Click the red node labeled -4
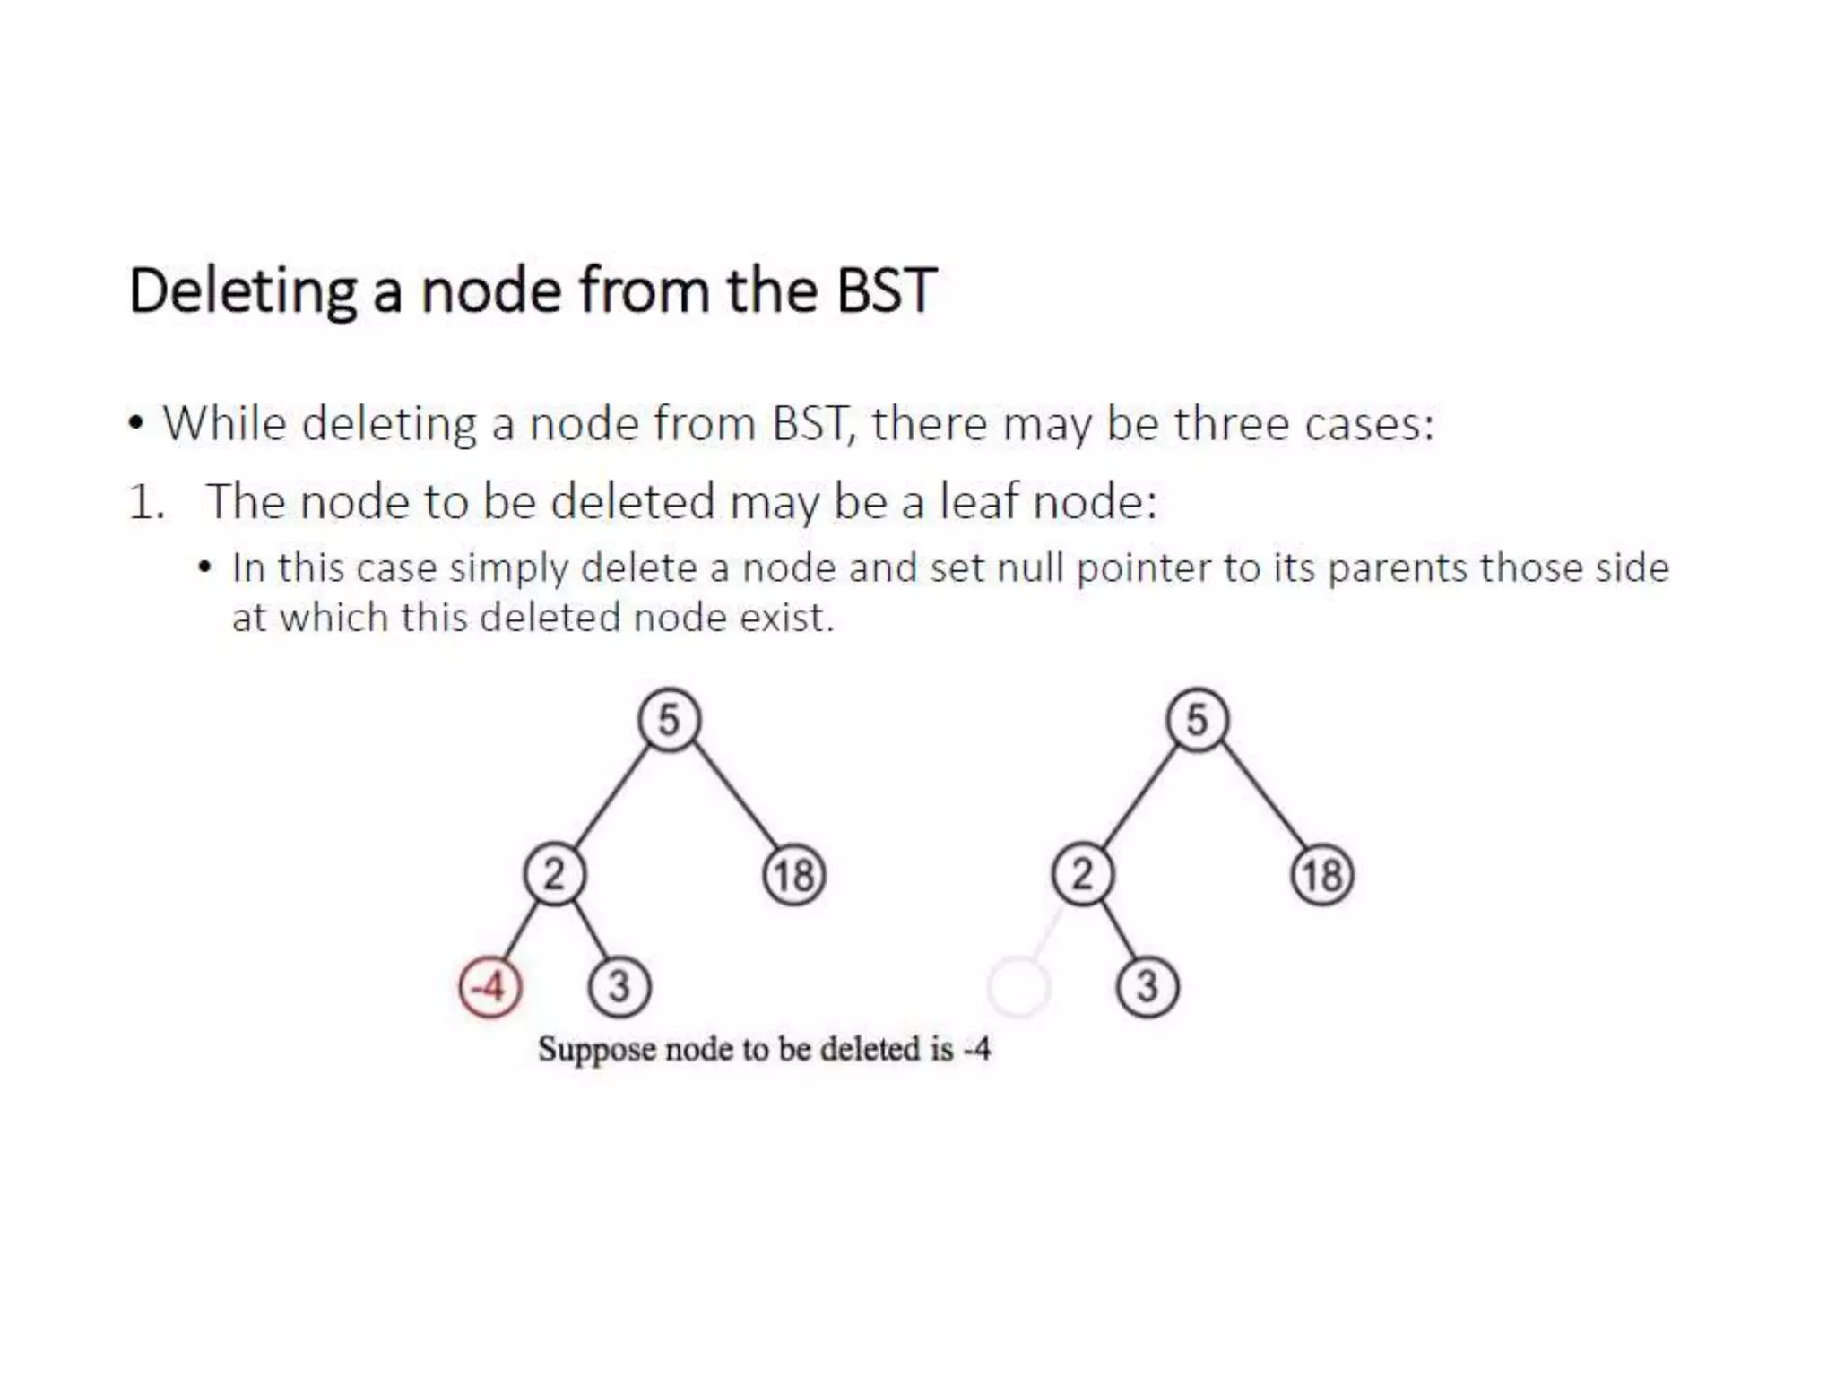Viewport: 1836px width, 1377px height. point(489,987)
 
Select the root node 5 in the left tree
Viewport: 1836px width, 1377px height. point(669,720)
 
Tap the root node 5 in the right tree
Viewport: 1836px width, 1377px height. point(1197,720)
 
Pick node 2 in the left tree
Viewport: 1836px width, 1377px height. point(554,874)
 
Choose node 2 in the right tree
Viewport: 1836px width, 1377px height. point(1082,874)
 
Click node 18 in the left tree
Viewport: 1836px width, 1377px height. point(794,876)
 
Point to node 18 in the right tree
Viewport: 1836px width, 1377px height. point(1322,876)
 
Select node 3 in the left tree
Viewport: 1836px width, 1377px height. point(619,987)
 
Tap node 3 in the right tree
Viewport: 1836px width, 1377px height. point(1147,987)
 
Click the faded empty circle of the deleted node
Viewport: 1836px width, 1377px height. point(1018,987)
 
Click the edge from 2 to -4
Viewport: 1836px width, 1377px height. point(521,932)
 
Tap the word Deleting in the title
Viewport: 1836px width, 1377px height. point(242,292)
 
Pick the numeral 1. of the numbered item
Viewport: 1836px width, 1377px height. point(146,502)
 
